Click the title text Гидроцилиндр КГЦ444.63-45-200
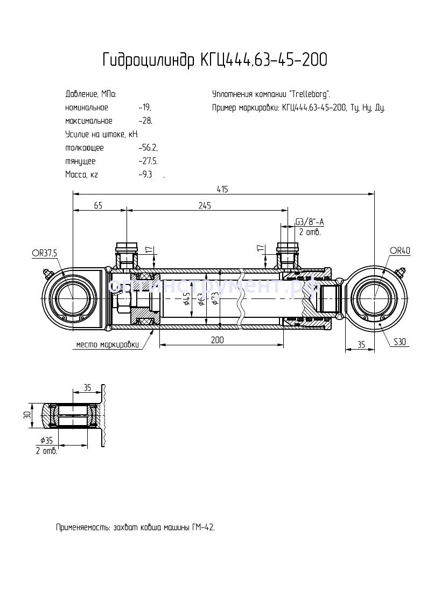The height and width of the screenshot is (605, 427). pyautogui.click(x=214, y=60)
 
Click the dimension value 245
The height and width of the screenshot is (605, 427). pyautogui.click(x=204, y=205)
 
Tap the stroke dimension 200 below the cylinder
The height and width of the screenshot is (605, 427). pyautogui.click(x=217, y=340)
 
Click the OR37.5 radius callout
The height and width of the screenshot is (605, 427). pyautogui.click(x=44, y=253)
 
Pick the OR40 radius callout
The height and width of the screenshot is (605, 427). pyautogui.click(x=400, y=251)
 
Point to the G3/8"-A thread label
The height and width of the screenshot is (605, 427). pyautogui.click(x=310, y=222)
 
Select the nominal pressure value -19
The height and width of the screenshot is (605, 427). pyautogui.click(x=144, y=107)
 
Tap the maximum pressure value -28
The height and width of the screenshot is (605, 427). pyautogui.click(x=145, y=121)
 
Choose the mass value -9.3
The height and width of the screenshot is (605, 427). pyautogui.click(x=145, y=175)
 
